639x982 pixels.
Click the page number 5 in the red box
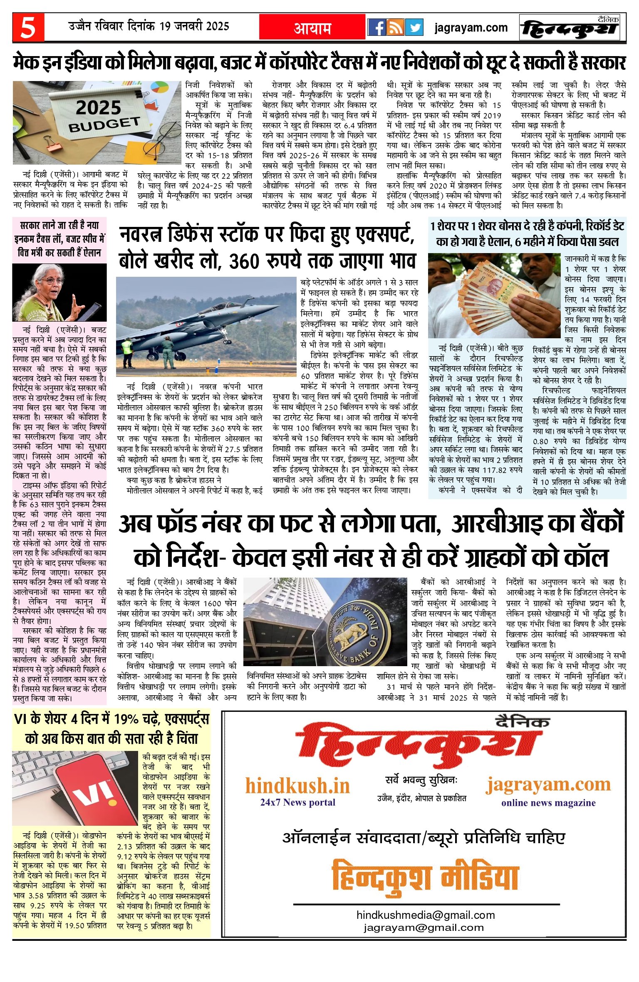tap(28, 27)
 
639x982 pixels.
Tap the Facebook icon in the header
tap(377, 27)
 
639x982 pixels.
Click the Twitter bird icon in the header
tap(414, 27)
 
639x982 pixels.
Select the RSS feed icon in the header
tap(396, 27)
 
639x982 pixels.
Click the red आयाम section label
tap(312, 28)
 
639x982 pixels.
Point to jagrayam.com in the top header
tap(471, 28)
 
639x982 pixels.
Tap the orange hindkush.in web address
tap(297, 786)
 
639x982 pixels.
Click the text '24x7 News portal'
tap(297, 802)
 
